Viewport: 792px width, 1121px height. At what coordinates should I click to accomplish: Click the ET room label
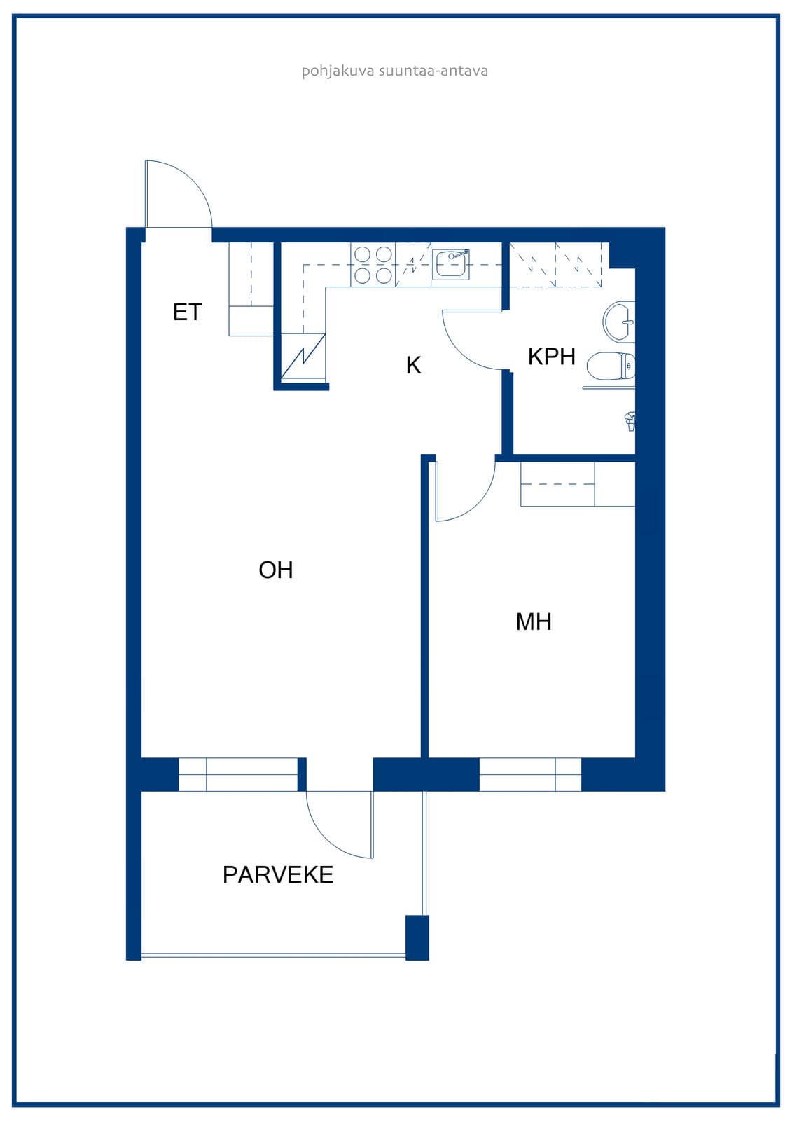[x=187, y=312]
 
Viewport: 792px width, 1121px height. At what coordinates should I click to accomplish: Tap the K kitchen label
[x=413, y=365]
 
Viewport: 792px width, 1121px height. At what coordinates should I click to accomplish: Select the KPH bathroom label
[x=551, y=357]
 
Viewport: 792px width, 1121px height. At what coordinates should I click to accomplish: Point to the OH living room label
[x=276, y=570]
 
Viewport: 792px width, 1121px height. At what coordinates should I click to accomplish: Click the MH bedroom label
[x=534, y=621]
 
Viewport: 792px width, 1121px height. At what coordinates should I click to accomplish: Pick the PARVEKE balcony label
[x=278, y=875]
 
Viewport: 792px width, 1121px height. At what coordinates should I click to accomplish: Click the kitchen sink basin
[x=450, y=264]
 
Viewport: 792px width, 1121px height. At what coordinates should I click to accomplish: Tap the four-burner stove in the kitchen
[x=373, y=265]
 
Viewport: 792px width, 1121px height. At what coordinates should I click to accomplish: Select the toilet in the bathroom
[x=611, y=366]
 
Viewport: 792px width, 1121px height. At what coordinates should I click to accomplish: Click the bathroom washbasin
[x=620, y=322]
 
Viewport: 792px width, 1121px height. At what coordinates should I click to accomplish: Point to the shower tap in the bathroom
[x=630, y=420]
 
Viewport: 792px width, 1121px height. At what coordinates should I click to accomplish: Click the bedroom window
[x=530, y=774]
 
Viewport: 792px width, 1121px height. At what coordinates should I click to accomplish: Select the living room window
[x=238, y=774]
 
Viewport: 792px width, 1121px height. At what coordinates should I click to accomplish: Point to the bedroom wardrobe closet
[x=578, y=484]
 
